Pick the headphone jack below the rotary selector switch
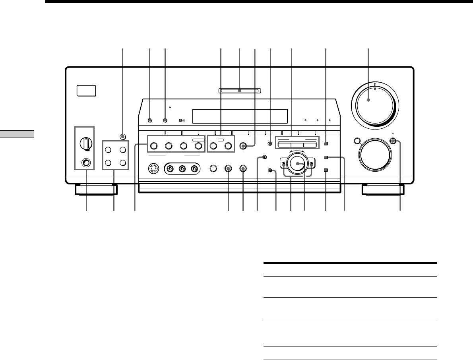click(85, 162)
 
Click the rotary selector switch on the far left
click(85, 142)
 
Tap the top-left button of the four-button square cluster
click(109, 150)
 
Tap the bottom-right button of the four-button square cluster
click(123, 163)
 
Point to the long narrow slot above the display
click(240, 91)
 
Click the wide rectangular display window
click(240, 116)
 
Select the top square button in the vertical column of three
click(326, 143)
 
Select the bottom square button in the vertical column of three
click(326, 170)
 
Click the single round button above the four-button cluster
click(122, 137)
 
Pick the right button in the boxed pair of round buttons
click(228, 146)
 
